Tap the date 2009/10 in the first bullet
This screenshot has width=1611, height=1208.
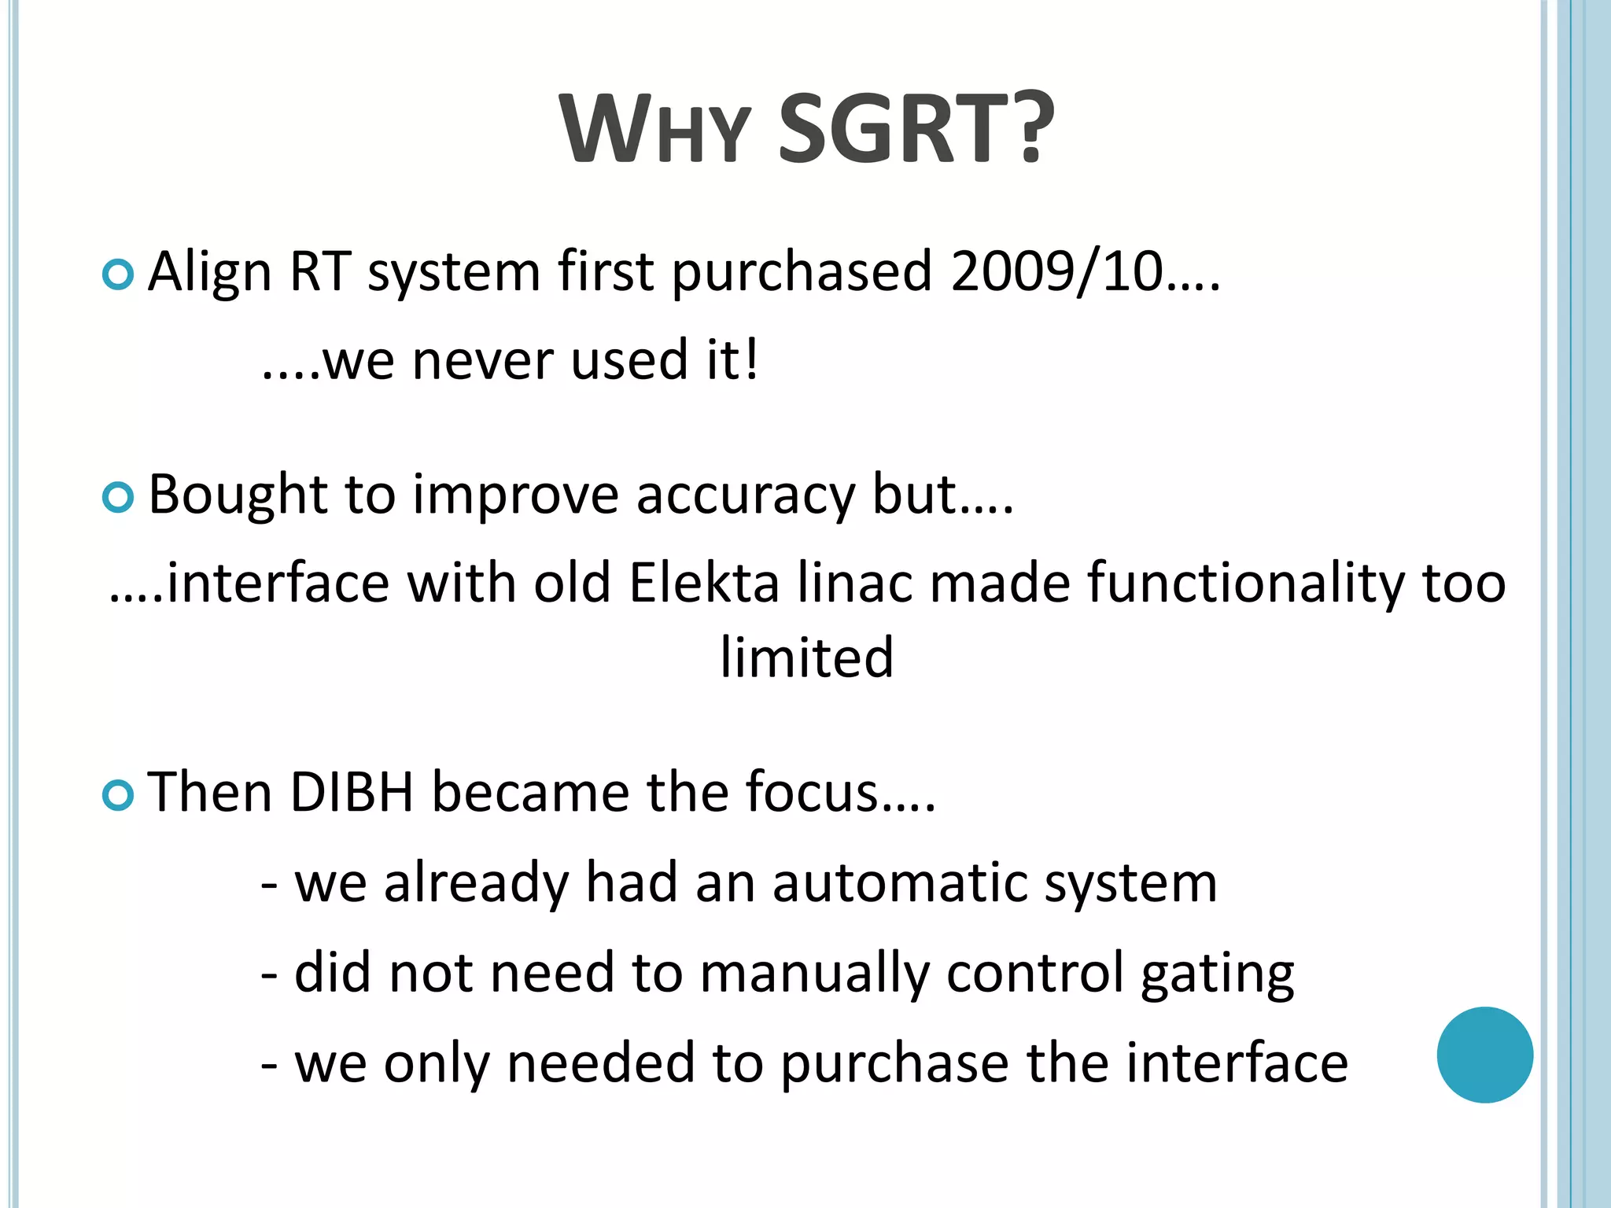pyautogui.click(x=1056, y=271)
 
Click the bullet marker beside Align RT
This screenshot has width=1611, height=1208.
pyautogui.click(x=118, y=275)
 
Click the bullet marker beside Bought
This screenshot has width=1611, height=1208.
pyautogui.click(x=118, y=497)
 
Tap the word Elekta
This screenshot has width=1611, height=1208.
pyautogui.click(x=703, y=584)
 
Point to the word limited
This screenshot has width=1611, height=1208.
pyautogui.click(x=806, y=657)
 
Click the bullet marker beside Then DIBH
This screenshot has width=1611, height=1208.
pyautogui.click(x=118, y=795)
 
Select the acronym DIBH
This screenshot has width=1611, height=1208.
pyautogui.click(x=352, y=792)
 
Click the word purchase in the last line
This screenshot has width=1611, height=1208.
pyautogui.click(x=894, y=1063)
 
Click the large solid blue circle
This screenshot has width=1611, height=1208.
pyautogui.click(x=1484, y=1055)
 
